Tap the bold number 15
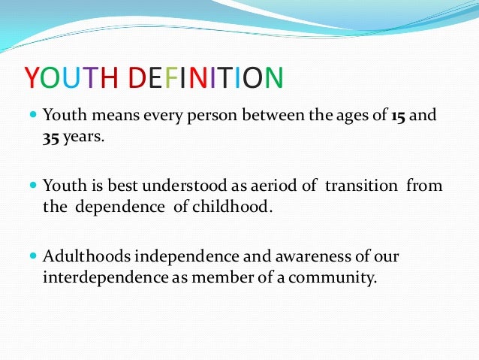pyautogui.click(x=400, y=116)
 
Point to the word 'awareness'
pyautogui.click(x=294, y=256)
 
